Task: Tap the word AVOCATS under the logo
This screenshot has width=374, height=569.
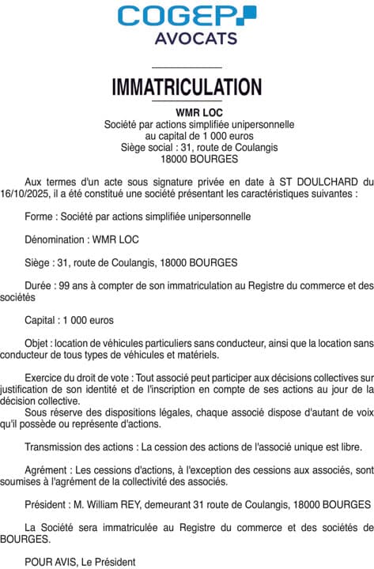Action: (x=187, y=38)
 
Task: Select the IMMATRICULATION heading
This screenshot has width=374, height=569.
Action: (x=187, y=86)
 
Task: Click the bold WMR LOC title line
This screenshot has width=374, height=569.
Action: (x=187, y=112)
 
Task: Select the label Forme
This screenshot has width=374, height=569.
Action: (x=40, y=216)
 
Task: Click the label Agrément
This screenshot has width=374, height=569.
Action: (x=47, y=469)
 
